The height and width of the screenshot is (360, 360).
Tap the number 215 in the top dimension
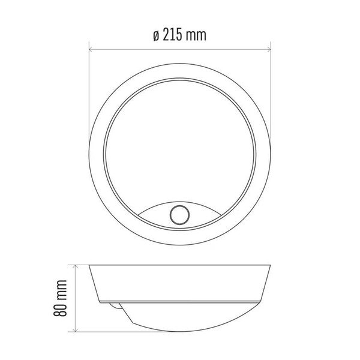point(173,35)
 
